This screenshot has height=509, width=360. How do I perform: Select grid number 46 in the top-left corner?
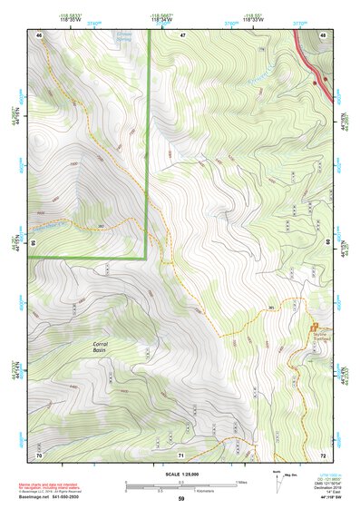39,34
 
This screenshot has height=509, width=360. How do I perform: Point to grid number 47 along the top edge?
181,34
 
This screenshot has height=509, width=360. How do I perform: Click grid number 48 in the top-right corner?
323,34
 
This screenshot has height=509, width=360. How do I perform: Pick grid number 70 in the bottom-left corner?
39,454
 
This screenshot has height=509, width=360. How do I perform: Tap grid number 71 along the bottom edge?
180,454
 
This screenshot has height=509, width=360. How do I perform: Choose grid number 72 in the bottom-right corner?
323,454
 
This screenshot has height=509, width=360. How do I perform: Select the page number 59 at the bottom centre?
181,500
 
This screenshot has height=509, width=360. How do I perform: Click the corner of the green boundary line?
147,258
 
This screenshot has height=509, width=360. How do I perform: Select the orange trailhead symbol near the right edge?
315,327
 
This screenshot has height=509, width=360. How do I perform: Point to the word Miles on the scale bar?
242,482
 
